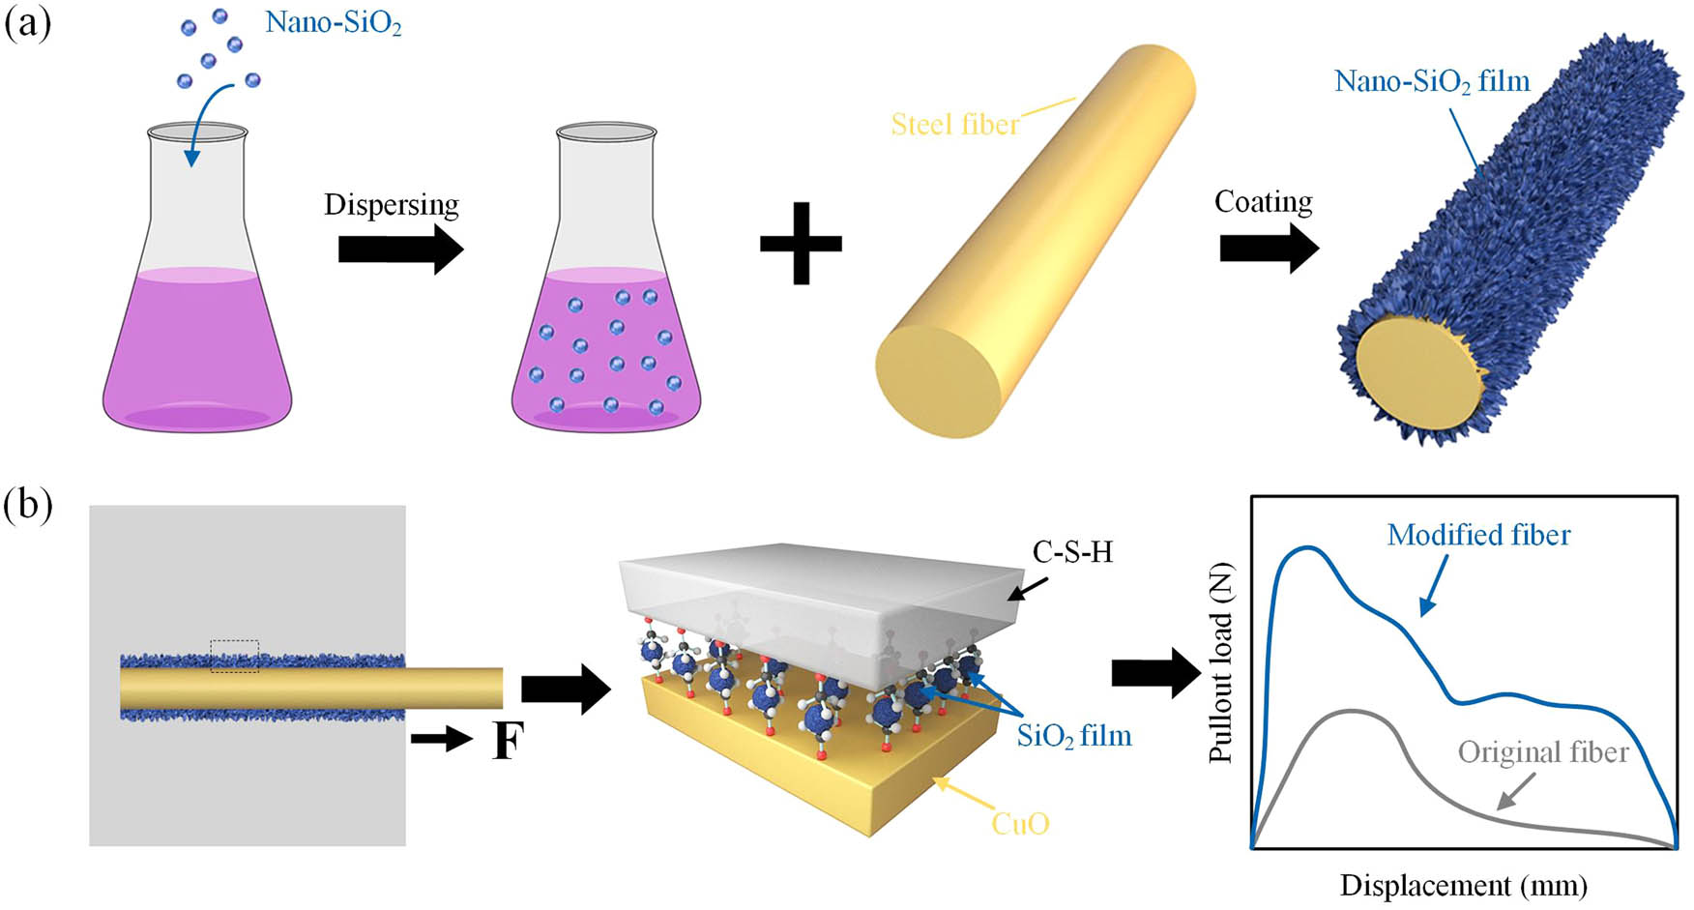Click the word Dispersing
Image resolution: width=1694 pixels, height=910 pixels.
[x=392, y=205]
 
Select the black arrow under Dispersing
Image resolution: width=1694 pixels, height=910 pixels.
[x=400, y=250]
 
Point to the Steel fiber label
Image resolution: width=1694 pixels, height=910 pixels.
[x=954, y=125]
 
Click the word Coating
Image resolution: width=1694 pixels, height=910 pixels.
[x=1263, y=202]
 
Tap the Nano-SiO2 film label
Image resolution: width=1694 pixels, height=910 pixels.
[x=1432, y=81]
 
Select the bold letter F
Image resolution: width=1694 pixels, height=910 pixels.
[x=508, y=742]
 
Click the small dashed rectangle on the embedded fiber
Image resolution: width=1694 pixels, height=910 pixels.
[x=235, y=656]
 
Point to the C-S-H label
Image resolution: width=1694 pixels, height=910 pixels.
[x=1072, y=552]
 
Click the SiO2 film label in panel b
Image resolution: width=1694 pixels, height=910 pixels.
[x=1073, y=736]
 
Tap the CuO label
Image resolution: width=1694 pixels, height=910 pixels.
[x=1020, y=823]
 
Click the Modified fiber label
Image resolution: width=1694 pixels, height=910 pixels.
[x=1478, y=535]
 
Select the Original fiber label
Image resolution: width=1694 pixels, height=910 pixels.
[x=1542, y=752]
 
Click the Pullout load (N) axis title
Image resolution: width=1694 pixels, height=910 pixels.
[x=1222, y=661]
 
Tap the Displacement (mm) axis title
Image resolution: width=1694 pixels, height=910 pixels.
[x=1463, y=885]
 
